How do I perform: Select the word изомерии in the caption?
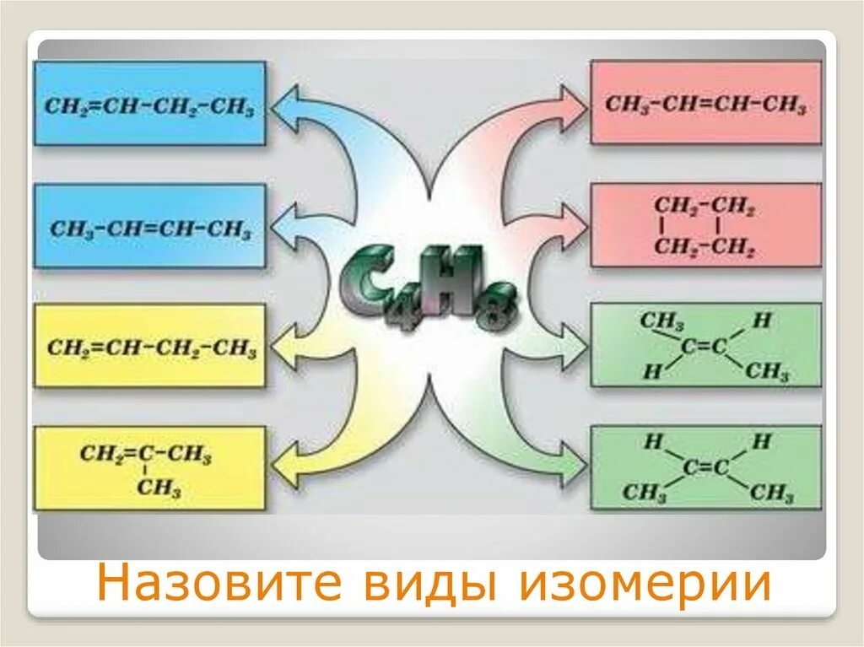click(645, 585)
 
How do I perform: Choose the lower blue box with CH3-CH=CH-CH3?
click(150, 227)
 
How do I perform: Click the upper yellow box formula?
click(150, 347)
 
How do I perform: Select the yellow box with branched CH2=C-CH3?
click(150, 468)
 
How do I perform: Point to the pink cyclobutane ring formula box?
click(705, 226)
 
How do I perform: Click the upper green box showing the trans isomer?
click(705, 345)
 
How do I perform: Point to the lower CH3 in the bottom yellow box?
click(160, 488)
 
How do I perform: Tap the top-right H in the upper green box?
click(762, 321)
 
